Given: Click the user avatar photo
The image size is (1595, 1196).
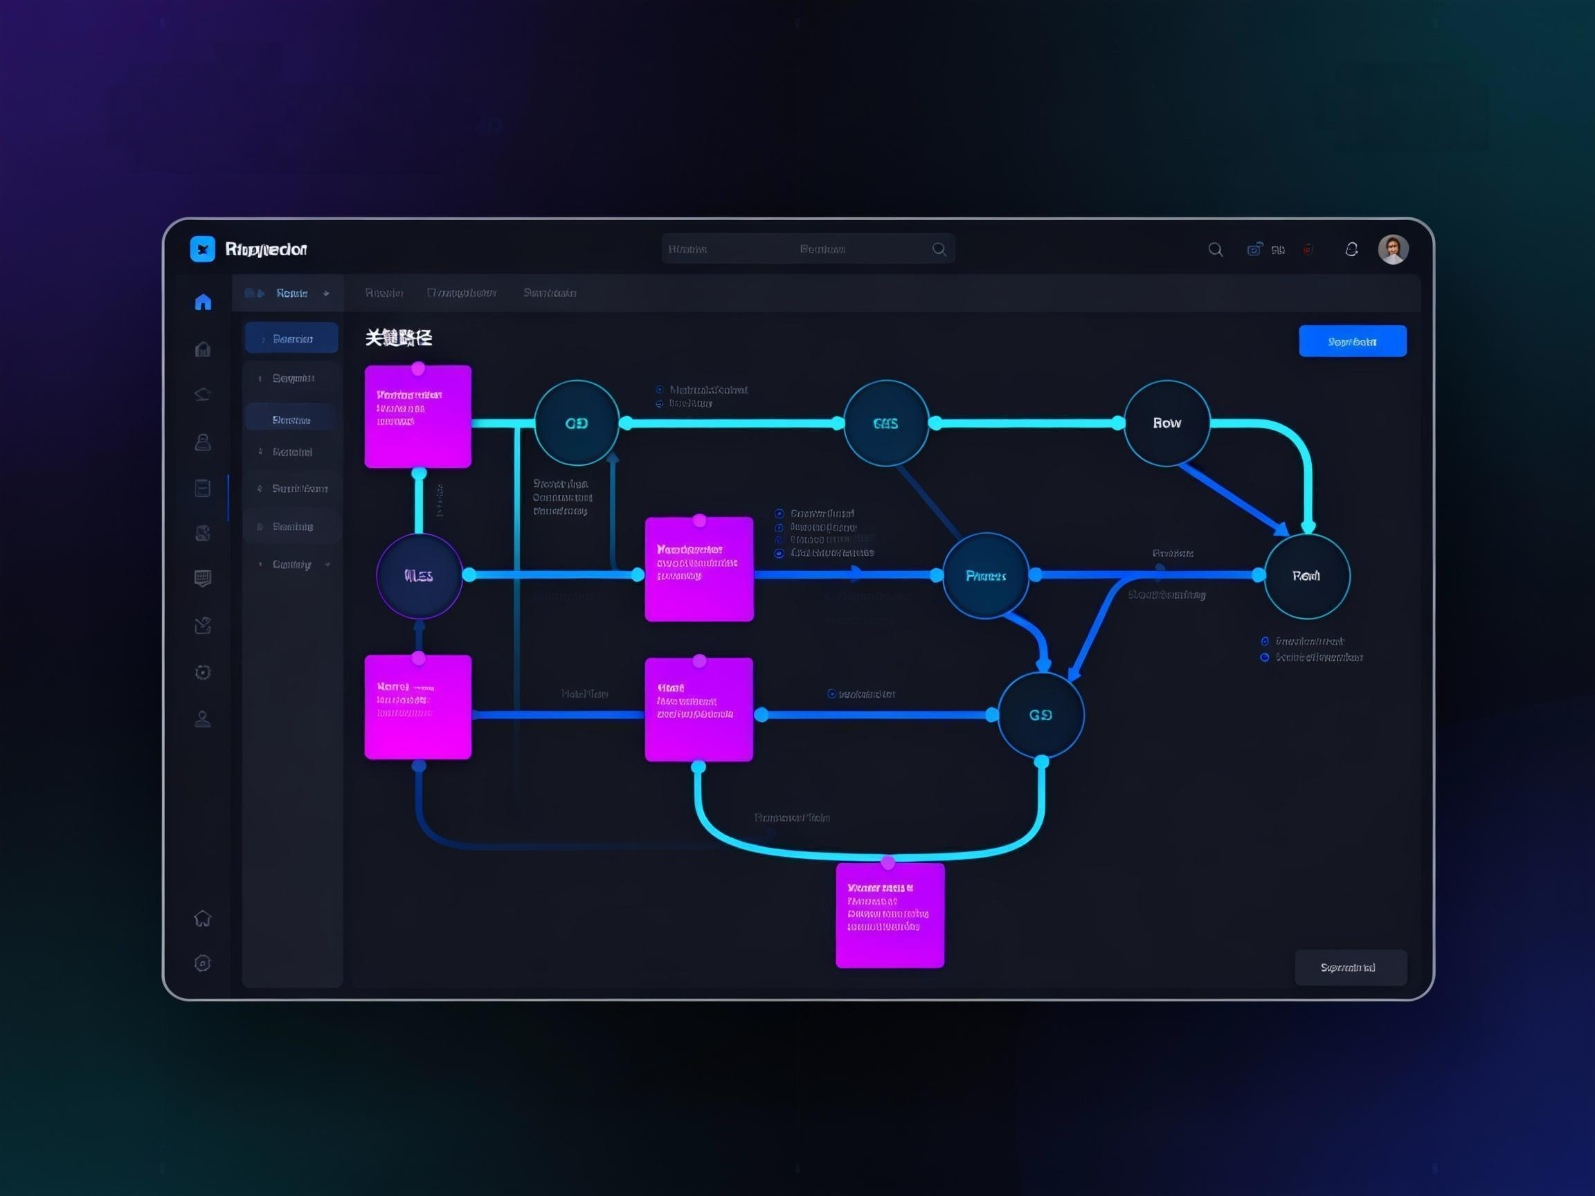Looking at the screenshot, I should coord(1392,249).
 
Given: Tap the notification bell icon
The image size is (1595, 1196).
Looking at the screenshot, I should coord(1351,249).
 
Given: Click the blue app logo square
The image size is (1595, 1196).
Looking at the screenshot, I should coord(203,248).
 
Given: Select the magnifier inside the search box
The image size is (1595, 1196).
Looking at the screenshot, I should coord(939,248).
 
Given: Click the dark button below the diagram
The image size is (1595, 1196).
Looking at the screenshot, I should coord(1350,967).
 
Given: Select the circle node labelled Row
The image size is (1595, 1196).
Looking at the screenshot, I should coord(1166,423).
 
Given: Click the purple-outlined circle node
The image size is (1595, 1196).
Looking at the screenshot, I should coord(419,575).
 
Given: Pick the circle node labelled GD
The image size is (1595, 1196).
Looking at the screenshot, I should coord(576,423).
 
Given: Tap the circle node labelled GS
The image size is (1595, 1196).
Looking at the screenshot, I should coord(1040,714).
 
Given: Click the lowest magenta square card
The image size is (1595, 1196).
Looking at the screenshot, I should coord(889,915).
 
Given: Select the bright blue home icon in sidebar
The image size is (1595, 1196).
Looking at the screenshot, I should coord(204,301).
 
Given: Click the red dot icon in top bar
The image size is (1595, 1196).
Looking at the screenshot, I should coord(1307,249).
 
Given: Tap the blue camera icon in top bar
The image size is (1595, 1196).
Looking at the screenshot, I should coord(1254,249).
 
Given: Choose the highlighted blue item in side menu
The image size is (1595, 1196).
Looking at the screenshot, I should coord(291,338).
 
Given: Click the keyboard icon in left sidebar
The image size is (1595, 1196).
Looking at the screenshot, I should coord(203,578).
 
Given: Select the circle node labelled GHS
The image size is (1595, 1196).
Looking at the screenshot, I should coord(885,423).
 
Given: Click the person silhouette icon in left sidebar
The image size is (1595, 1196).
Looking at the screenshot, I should coord(203,718).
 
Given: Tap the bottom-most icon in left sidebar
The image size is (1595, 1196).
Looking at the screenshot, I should coord(203,963).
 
